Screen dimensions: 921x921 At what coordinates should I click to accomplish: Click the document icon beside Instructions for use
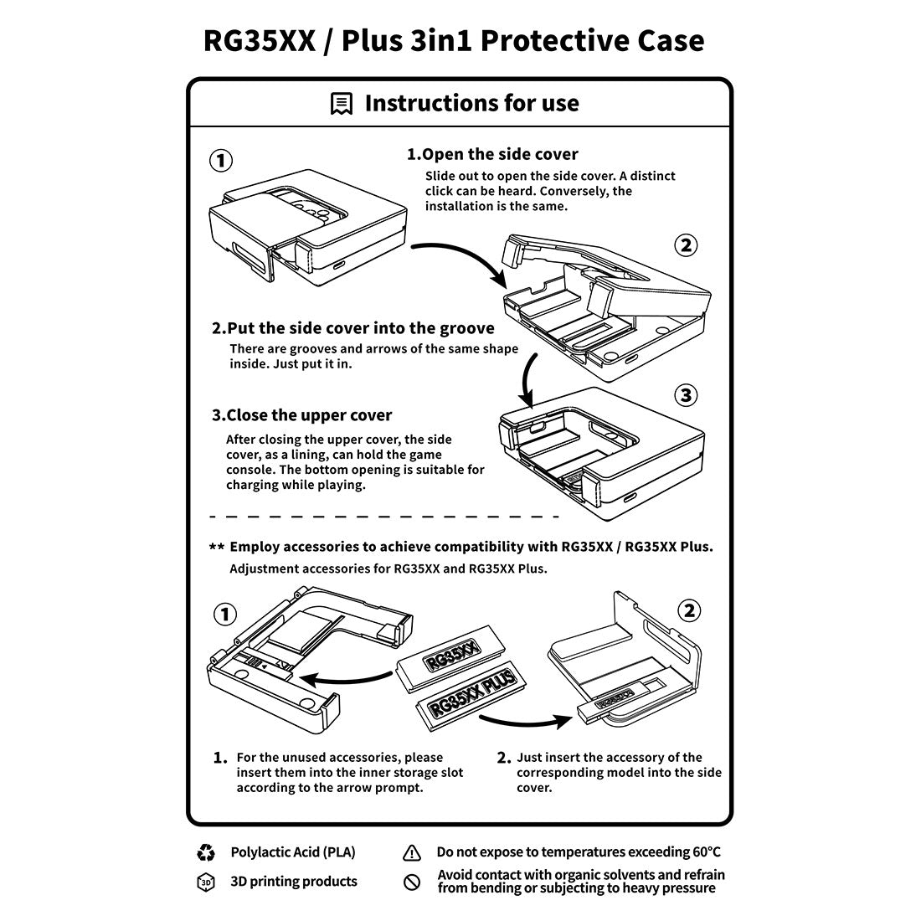[x=342, y=103]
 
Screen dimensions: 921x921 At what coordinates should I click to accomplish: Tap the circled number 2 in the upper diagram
[x=686, y=245]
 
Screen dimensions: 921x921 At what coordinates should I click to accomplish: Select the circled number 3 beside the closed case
[x=686, y=395]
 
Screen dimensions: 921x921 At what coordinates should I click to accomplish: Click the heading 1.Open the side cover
[x=492, y=154]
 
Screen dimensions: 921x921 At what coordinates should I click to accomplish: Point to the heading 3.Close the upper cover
[x=302, y=415]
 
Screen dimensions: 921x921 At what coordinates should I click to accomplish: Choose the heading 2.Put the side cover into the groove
[x=353, y=327]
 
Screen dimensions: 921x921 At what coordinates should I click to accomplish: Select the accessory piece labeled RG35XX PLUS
[x=471, y=696]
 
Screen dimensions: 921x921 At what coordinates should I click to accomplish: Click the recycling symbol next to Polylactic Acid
[x=206, y=852]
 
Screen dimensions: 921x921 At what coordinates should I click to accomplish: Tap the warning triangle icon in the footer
[x=412, y=853]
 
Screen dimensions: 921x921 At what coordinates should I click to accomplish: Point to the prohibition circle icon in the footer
[x=412, y=882]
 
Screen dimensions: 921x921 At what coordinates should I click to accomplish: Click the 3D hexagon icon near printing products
[x=206, y=882]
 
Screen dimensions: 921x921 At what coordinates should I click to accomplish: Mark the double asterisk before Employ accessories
[x=217, y=547]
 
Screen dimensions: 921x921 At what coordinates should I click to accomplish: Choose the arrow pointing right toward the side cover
[x=526, y=720]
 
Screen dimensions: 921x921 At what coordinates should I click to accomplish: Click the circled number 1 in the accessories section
[x=224, y=615]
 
